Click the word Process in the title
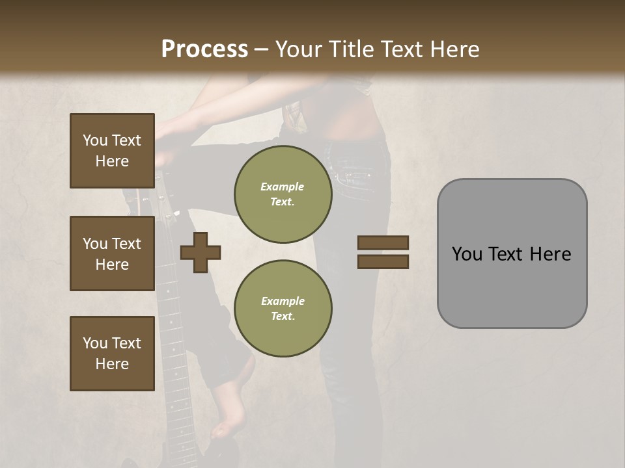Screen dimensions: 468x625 tap(204, 49)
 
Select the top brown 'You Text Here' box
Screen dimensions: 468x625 tap(112, 151)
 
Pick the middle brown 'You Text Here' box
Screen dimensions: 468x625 tap(112, 253)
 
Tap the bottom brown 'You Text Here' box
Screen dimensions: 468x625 tap(112, 354)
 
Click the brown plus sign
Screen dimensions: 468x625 tap(201, 253)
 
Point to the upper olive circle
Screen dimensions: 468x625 tap(283, 194)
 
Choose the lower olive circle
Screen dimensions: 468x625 tap(283, 308)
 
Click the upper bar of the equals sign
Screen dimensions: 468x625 tap(383, 243)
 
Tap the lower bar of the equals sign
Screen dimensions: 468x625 tap(383, 262)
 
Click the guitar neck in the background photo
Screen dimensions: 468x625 tap(171, 325)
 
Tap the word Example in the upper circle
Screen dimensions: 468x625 tap(283, 187)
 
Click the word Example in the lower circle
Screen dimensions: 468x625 tap(283, 301)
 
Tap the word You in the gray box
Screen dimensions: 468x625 tap(467, 253)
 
